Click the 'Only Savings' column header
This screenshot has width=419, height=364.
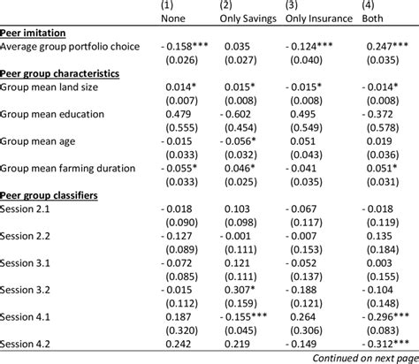click(x=248, y=19)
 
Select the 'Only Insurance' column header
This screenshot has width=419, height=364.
click(x=319, y=19)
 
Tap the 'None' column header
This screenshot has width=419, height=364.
click(x=173, y=19)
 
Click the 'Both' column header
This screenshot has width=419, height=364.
click(x=372, y=19)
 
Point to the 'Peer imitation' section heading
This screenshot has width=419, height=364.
click(x=33, y=33)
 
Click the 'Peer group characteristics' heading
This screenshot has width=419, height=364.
click(x=59, y=73)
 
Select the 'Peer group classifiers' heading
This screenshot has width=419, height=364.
click(x=49, y=195)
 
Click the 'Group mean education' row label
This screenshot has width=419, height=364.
click(x=52, y=114)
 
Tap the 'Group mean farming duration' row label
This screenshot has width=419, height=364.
click(x=67, y=169)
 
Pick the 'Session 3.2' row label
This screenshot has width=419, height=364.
click(x=25, y=290)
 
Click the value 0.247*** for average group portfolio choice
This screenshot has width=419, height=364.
click(x=387, y=46)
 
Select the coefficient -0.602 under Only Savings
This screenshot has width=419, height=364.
click(x=235, y=114)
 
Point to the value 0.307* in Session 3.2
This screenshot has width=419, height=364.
click(x=240, y=290)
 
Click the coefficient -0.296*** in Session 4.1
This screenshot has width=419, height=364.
click(x=385, y=317)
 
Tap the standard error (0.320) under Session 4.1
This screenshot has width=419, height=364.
click(x=181, y=330)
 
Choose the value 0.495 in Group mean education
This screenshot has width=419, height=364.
click(x=302, y=114)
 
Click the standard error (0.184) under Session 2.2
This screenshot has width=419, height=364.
click(x=383, y=250)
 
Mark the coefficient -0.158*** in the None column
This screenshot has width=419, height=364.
click(x=185, y=46)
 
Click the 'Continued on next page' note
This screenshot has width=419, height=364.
click(x=365, y=358)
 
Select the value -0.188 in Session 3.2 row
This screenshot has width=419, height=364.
click(x=301, y=290)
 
